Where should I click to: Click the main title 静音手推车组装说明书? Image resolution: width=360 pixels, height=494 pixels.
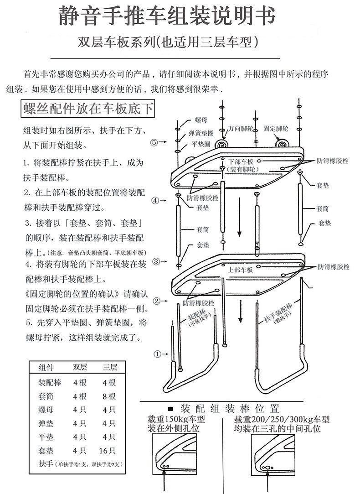point(167,17)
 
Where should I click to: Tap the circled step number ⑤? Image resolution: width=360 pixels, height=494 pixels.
point(154,142)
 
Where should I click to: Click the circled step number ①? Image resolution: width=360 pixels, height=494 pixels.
point(158,354)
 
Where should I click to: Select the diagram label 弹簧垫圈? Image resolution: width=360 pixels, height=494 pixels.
point(201,134)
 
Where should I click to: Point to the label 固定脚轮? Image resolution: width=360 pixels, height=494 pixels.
point(276,129)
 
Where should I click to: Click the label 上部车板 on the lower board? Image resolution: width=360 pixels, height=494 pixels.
point(240,270)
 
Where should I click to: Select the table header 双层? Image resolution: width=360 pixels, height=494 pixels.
point(80,368)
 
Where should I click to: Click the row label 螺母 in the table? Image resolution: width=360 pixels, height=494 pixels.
point(46,410)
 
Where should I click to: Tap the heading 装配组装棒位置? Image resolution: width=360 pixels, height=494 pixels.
point(230,408)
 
